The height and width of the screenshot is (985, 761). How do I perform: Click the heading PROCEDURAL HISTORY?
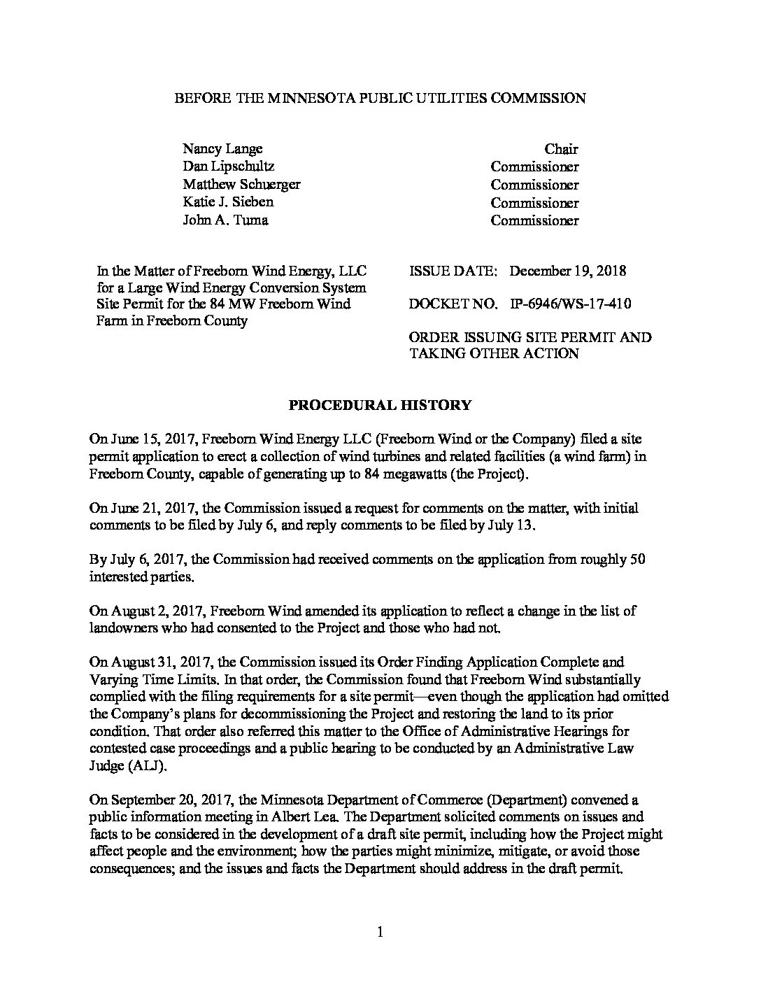coord(380,405)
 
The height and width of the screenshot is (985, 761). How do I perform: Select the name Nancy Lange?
coord(222,149)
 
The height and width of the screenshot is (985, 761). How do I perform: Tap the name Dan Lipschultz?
coord(228,166)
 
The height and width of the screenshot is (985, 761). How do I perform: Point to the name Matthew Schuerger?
coord(241,185)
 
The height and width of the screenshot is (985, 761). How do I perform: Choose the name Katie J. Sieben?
coord(228,202)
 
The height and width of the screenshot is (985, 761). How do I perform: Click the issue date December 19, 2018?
coord(568,271)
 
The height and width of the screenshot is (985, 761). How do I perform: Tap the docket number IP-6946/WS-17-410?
coord(571,304)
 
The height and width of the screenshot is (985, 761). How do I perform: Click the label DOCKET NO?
coord(453,304)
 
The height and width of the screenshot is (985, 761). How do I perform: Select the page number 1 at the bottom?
coord(380,932)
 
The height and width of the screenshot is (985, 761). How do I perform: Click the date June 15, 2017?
coord(147,439)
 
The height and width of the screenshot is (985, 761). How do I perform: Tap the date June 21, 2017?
coord(146,508)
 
